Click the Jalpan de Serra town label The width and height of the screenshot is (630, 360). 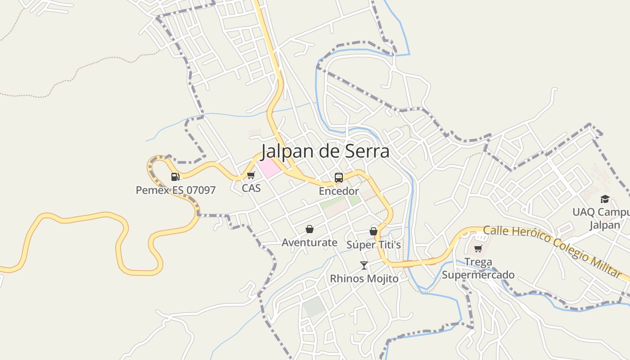click(x=325, y=151)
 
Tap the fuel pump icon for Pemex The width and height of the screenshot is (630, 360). click(x=175, y=177)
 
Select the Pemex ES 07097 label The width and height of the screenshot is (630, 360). click(x=175, y=190)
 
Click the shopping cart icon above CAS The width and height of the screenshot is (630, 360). click(x=251, y=175)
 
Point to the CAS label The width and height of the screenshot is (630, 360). click(x=251, y=188)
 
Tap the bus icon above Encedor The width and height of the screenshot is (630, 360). click(x=339, y=177)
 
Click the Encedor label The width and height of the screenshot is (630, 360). click(x=339, y=191)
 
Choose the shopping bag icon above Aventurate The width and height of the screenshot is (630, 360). click(x=310, y=229)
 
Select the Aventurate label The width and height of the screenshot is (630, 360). click(x=310, y=243)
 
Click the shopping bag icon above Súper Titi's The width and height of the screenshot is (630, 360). click(x=373, y=231)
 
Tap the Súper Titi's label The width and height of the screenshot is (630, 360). click(x=373, y=245)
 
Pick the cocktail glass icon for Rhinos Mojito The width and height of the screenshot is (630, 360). click(x=364, y=265)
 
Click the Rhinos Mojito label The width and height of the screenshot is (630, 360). click(x=364, y=279)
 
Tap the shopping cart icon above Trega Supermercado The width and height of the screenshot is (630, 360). click(x=478, y=248)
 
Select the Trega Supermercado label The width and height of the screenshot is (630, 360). click(x=478, y=268)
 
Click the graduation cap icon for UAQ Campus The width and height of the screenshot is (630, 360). click(x=605, y=199)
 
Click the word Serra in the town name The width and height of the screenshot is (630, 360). click(x=367, y=151)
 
